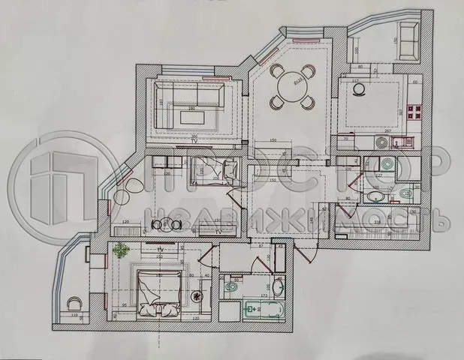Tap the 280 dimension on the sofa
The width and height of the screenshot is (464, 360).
[192, 109]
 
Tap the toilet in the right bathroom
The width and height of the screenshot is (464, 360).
[404, 196]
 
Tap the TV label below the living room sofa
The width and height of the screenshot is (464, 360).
[194, 141]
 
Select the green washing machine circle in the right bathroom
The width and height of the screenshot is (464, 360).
[387, 166]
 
